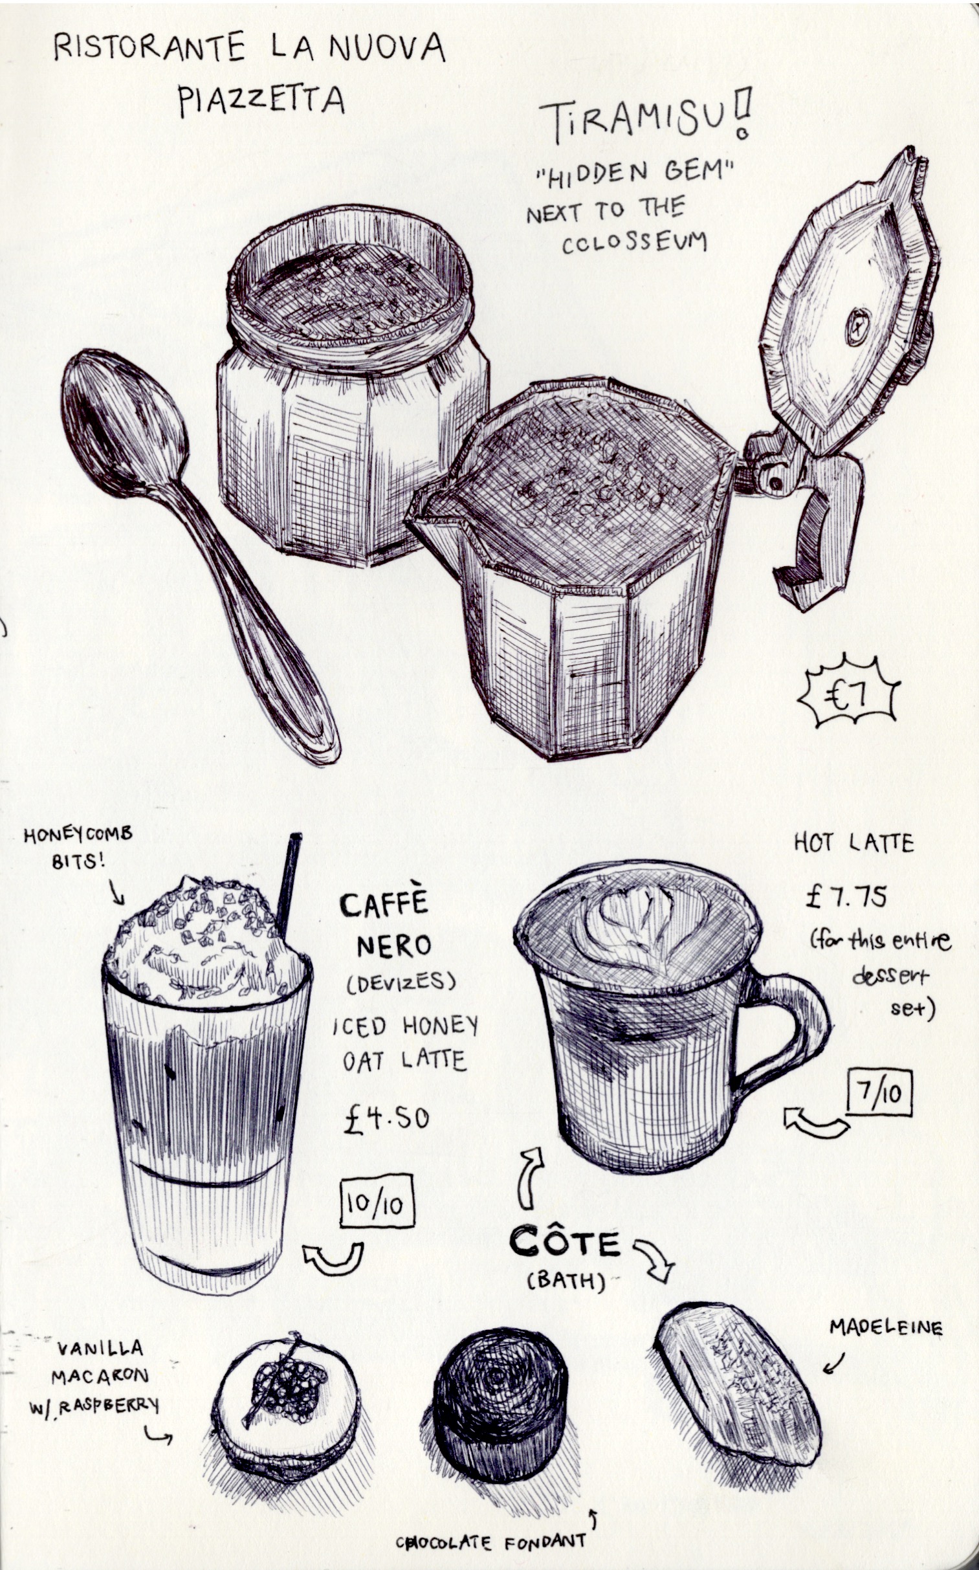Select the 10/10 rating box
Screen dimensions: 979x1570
[377, 1200]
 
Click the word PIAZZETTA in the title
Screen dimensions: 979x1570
[261, 102]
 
